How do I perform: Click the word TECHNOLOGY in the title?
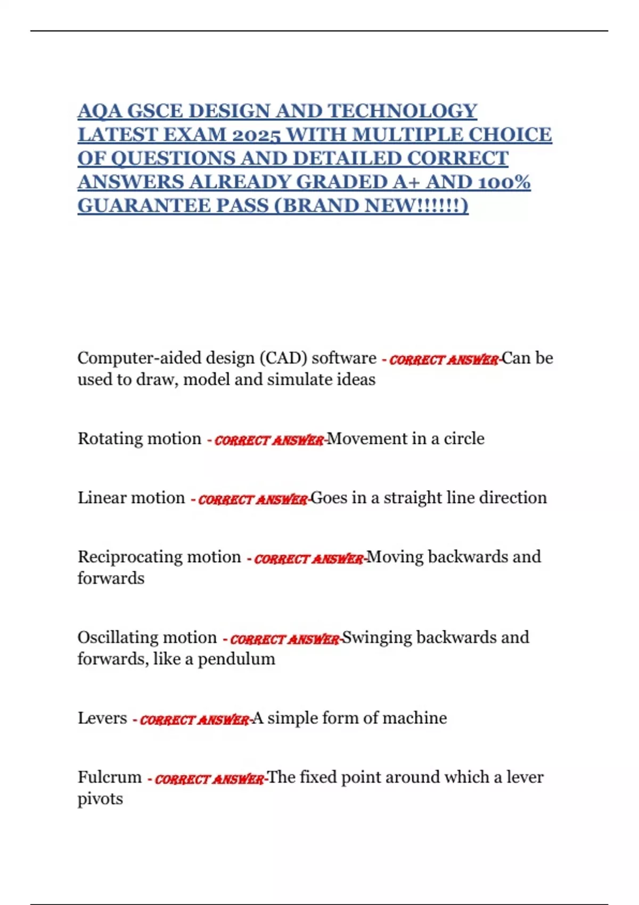point(402,111)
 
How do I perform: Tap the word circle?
point(464,439)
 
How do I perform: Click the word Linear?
point(100,498)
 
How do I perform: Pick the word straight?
point(413,498)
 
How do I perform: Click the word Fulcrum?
point(109,777)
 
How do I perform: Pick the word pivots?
point(100,799)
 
